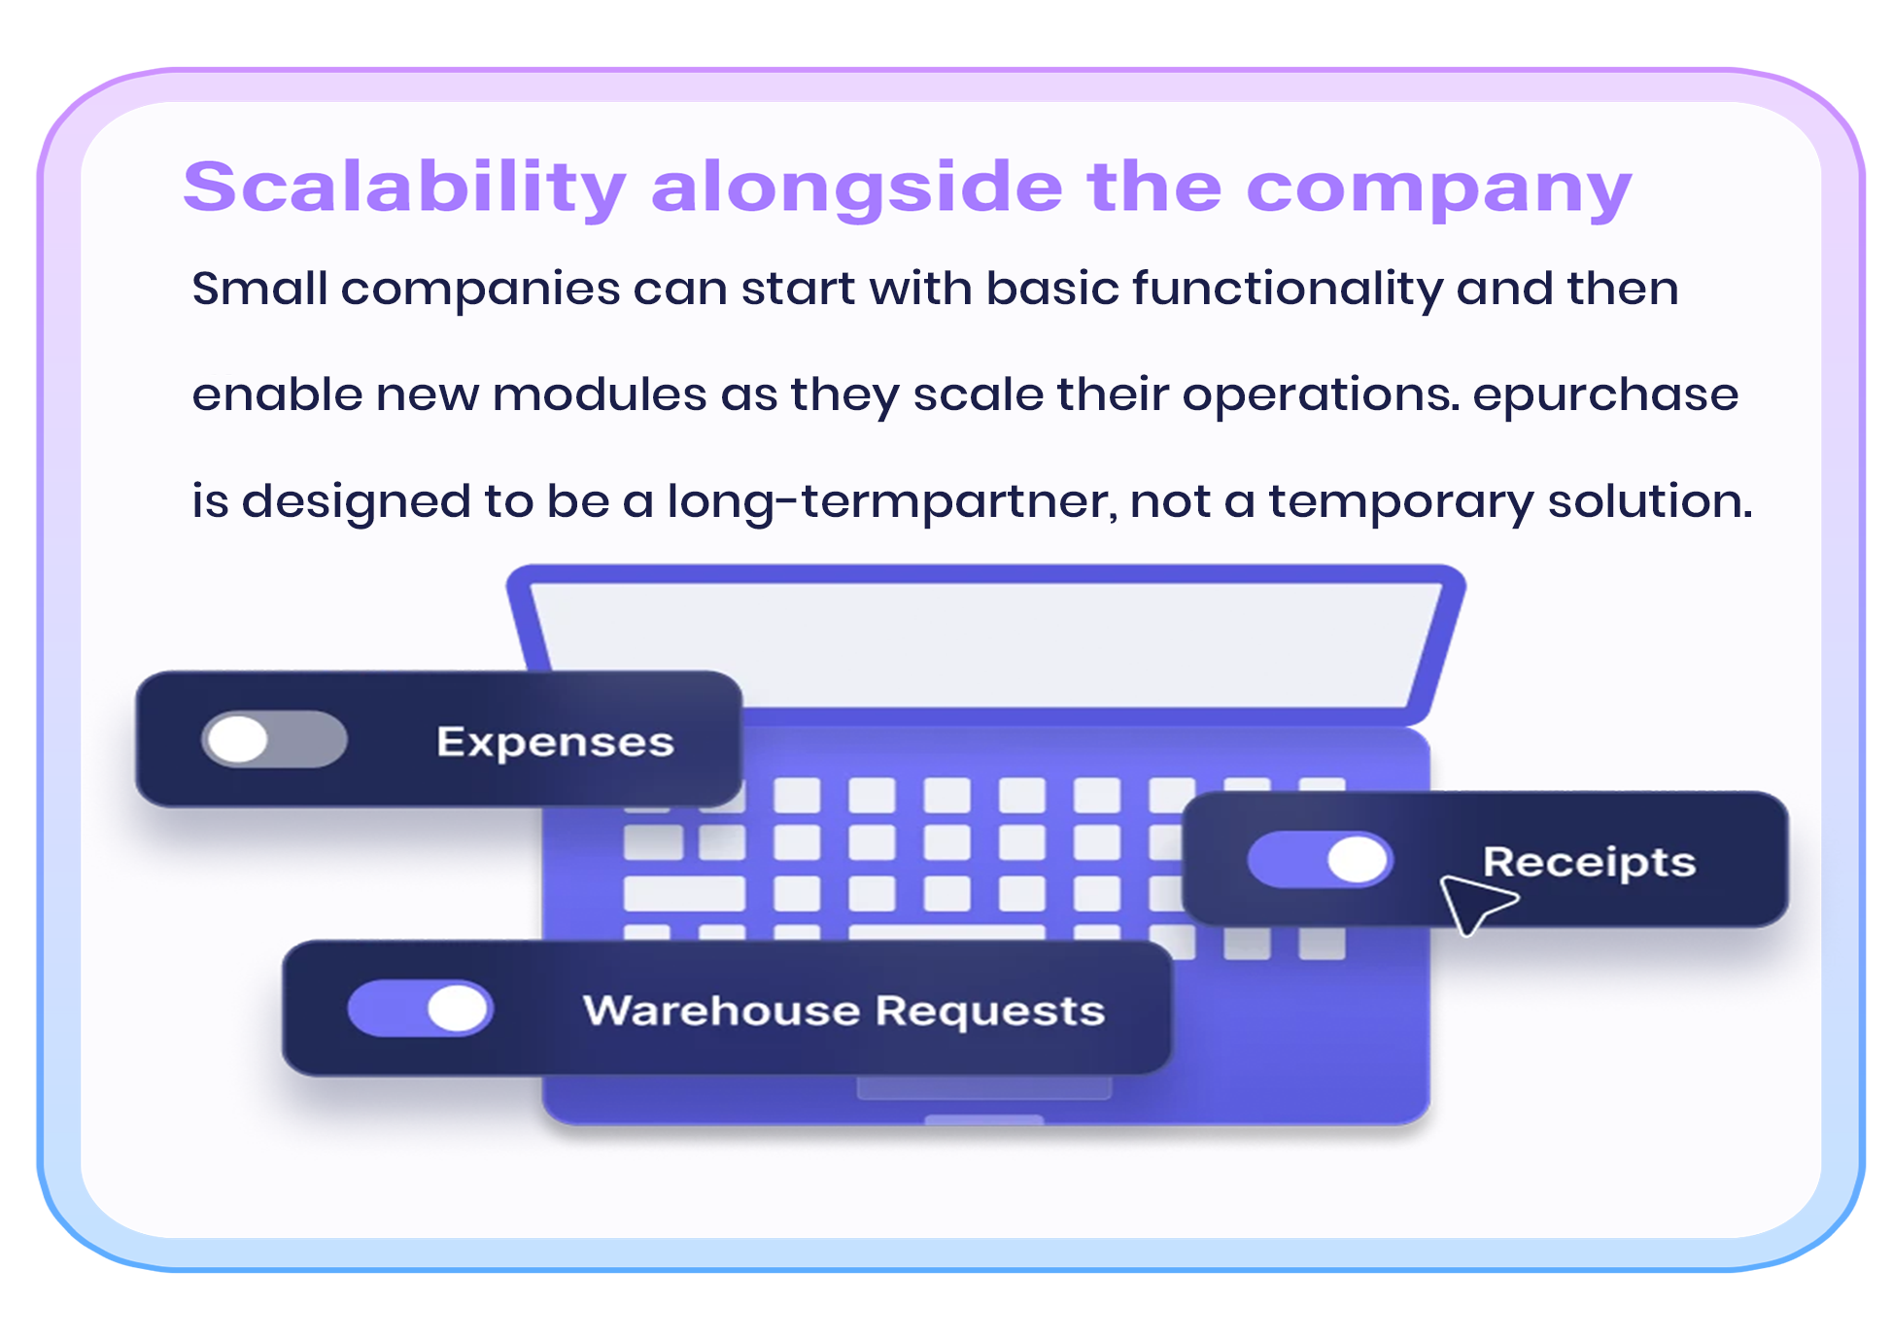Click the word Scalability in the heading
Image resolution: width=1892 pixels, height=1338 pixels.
pyautogui.click(x=404, y=187)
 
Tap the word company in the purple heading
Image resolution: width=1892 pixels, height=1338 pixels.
pyautogui.click(x=1438, y=189)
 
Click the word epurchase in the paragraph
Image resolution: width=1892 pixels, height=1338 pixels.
pyautogui.click(x=1605, y=395)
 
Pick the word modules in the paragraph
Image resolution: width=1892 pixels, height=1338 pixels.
pyautogui.click(x=600, y=395)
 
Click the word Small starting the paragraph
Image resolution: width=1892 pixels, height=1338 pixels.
pyautogui.click(x=259, y=289)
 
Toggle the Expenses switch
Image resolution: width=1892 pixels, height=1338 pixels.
pyautogui.click(x=274, y=740)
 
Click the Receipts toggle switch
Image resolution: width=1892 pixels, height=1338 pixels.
pyautogui.click(x=1320, y=860)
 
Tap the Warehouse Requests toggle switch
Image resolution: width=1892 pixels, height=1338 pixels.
pyautogui.click(x=420, y=1009)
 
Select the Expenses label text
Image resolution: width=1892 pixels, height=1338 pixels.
pyautogui.click(x=555, y=742)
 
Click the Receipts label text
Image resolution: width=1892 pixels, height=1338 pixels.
pyautogui.click(x=1589, y=862)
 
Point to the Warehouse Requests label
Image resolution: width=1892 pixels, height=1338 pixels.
pyautogui.click(x=843, y=1011)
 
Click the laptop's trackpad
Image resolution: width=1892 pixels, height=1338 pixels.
pyautogui.click(x=983, y=1088)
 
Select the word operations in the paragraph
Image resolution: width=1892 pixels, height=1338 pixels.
pyautogui.click(x=1321, y=395)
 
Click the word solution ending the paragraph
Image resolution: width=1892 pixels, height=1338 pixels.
pyautogui.click(x=1649, y=501)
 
